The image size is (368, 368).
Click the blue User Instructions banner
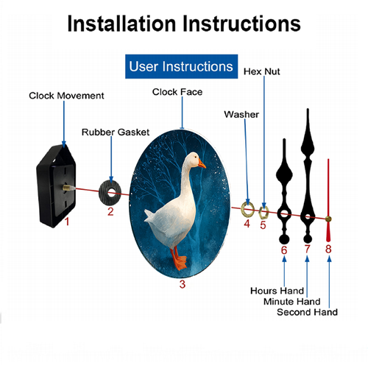[x=181, y=66]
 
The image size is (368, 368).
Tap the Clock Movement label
[x=66, y=96]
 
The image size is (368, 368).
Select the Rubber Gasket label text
[x=116, y=132]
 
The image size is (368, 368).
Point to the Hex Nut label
[x=261, y=71]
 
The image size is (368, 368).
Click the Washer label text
[x=241, y=114]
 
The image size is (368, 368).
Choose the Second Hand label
[x=307, y=312]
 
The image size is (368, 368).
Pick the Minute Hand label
[x=292, y=301]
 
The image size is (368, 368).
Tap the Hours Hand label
[x=277, y=291]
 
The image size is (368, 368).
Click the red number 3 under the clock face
[x=182, y=284]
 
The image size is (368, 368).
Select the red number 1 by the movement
[x=67, y=222]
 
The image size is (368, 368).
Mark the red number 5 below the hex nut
[x=263, y=225]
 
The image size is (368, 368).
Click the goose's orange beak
[x=202, y=164]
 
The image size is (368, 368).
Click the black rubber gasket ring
[x=105, y=192]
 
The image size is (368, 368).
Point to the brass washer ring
[x=243, y=210]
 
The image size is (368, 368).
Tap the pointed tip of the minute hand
[x=308, y=109]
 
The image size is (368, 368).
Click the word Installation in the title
[x=121, y=24]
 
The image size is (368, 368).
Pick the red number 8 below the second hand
[x=328, y=249]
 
